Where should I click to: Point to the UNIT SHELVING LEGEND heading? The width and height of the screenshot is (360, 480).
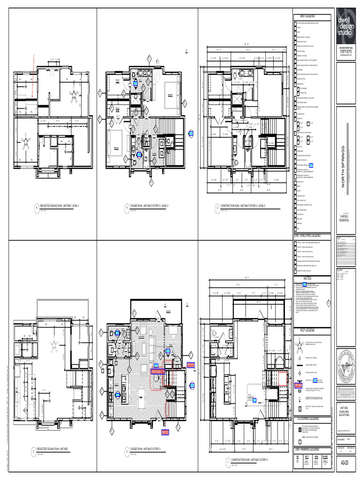coord(307,235)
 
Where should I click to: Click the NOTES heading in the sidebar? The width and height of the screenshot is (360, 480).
coord(307,278)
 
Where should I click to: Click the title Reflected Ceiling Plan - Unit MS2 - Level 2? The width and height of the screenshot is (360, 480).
coord(60,206)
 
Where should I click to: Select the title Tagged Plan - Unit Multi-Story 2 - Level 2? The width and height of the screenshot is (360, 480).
coord(149,206)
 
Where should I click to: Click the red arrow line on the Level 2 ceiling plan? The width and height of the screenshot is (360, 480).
coord(33,75)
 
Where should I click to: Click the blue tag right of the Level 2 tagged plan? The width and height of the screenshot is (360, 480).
coord(191,133)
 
